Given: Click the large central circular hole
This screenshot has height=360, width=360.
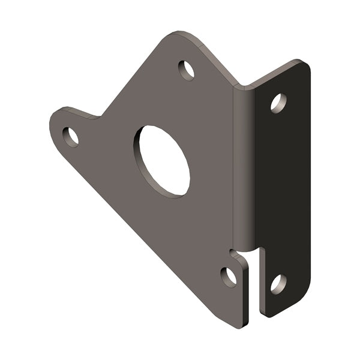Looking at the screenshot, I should [x=162, y=161].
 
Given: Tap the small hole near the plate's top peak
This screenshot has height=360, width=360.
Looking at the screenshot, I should [x=187, y=70].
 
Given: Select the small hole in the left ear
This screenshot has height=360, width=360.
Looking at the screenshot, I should [x=70, y=137].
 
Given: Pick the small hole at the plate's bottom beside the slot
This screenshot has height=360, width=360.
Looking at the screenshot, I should [x=229, y=276].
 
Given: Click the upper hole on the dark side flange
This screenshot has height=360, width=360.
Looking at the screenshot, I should [x=278, y=103].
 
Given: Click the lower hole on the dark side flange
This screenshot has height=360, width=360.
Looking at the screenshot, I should [x=277, y=283].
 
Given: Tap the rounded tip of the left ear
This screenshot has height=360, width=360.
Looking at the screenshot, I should [x=54, y=120].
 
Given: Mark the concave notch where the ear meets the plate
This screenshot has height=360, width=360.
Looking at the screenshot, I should [x=96, y=116].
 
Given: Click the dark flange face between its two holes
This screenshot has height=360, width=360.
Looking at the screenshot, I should [x=282, y=192].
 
